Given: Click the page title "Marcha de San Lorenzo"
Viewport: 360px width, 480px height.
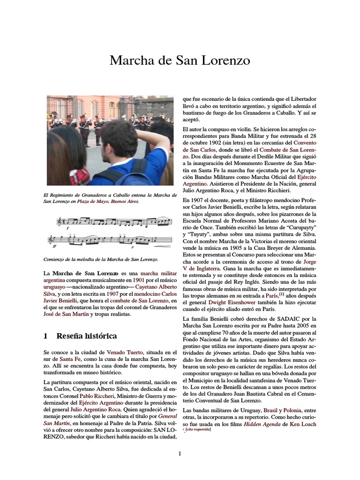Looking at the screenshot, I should [x=180, y=60].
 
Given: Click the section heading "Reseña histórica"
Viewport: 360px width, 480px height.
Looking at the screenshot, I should [x=87, y=336].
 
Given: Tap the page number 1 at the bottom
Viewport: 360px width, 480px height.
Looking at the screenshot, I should [x=180, y=453].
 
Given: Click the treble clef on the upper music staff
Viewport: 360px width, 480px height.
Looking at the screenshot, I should [x=60, y=221].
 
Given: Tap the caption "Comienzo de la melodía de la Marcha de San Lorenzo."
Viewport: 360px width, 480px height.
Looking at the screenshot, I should [x=100, y=259].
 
